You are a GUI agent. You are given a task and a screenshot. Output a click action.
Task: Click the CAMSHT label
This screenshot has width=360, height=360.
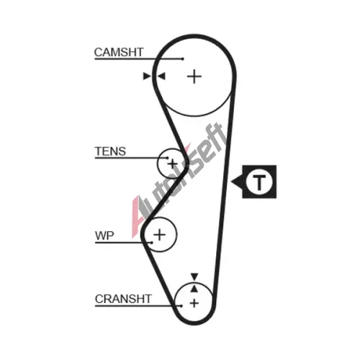pyautogui.click(x=119, y=53)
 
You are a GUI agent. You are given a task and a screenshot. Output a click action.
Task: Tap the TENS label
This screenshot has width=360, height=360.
pyautogui.click(x=110, y=151)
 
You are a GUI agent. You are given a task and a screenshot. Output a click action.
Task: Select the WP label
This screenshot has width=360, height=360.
pyautogui.click(x=104, y=235)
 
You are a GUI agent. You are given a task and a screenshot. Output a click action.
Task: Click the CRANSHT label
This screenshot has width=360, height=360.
pyautogui.click(x=123, y=299)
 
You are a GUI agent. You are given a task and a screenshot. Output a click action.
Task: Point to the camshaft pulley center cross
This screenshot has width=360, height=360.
pyautogui.click(x=194, y=77)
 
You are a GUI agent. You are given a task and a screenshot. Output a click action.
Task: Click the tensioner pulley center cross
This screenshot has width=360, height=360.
pyautogui.click(x=172, y=164)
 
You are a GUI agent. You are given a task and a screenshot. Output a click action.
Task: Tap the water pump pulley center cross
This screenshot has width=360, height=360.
pyautogui.click(x=160, y=235)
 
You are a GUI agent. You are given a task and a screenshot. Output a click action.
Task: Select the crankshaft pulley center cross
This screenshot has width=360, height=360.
pyautogui.click(x=194, y=303)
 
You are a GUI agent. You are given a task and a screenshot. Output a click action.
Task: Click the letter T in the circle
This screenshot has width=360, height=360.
pyautogui.click(x=259, y=182)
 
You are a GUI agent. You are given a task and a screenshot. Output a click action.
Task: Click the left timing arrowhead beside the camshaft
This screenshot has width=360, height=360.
pyautogui.click(x=147, y=76)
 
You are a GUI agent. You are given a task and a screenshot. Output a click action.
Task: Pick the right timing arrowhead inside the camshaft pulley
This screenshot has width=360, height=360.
pyautogui.click(x=161, y=76)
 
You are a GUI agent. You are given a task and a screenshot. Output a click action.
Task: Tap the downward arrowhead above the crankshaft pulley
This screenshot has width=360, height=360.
pyautogui.click(x=194, y=276)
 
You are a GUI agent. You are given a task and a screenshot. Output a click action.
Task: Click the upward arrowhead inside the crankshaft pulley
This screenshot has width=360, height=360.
pyautogui.click(x=194, y=289)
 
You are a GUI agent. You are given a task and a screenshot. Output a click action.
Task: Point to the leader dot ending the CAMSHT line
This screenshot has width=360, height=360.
pyautogui.click(x=183, y=59)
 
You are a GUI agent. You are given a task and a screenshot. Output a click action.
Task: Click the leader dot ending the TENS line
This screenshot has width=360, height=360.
pyautogui.click(x=168, y=158)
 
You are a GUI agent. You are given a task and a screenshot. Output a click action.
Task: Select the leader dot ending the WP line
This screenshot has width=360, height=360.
pyautogui.click(x=152, y=243)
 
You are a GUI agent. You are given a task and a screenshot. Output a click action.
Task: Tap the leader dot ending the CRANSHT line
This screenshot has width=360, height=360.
pyautogui.click(x=181, y=306)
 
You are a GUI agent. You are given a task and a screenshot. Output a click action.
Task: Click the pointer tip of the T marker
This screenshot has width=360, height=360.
pyautogui.click(x=231, y=181)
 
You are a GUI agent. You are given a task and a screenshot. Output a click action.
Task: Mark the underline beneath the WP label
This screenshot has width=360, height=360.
pyautogui.click(x=123, y=243)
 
